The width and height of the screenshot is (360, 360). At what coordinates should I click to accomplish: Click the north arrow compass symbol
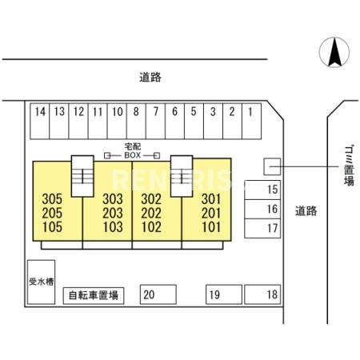[334, 52]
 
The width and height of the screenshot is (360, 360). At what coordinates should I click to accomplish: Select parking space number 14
[40, 121]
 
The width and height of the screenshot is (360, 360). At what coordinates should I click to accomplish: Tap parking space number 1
[251, 121]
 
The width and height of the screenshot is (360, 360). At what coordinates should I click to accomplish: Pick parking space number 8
[136, 121]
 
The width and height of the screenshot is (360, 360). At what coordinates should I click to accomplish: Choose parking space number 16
[262, 209]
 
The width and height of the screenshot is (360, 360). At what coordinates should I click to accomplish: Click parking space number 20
[158, 294]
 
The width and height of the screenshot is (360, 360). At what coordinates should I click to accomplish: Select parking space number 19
[224, 294]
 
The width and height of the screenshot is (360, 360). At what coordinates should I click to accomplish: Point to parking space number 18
[262, 294]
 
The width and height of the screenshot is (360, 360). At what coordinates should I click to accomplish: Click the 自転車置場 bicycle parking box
[94, 295]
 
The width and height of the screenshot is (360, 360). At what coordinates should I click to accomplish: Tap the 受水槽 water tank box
[42, 282]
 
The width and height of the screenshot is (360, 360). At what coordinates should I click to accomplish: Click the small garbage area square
[272, 166]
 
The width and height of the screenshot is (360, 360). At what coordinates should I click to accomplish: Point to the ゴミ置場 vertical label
[349, 166]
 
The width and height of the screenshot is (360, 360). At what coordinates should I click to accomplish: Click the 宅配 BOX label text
[133, 150]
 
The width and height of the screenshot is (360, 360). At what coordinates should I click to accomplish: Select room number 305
[52, 199]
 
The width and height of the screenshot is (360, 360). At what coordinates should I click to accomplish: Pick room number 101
[211, 227]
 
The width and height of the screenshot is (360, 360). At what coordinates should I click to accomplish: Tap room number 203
[113, 213]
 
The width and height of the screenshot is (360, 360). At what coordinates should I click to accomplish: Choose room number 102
[151, 227]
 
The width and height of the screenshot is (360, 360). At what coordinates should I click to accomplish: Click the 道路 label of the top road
[150, 78]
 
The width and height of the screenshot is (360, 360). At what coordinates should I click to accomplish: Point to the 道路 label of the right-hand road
[306, 211]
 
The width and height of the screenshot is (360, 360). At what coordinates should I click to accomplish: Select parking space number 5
[194, 121]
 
